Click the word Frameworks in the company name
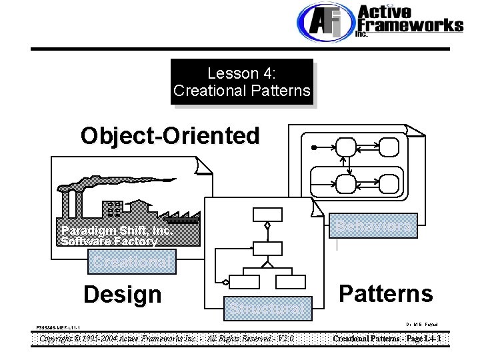(411, 25)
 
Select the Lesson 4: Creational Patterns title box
(242, 81)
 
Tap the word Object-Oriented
(170, 135)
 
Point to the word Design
(122, 294)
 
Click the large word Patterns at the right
(385, 293)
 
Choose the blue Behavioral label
(373, 226)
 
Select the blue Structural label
(267, 308)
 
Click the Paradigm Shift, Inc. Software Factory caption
(115, 236)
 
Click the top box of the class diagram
(267, 214)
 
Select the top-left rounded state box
(347, 146)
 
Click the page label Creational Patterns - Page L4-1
(387, 339)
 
